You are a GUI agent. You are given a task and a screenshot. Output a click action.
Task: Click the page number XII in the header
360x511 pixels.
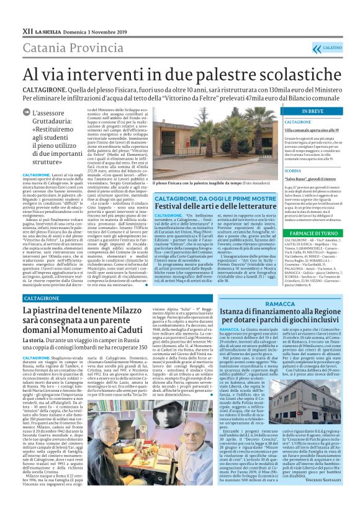tap(11, 12)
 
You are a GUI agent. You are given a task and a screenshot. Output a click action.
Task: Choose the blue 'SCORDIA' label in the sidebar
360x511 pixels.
tap(293, 170)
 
